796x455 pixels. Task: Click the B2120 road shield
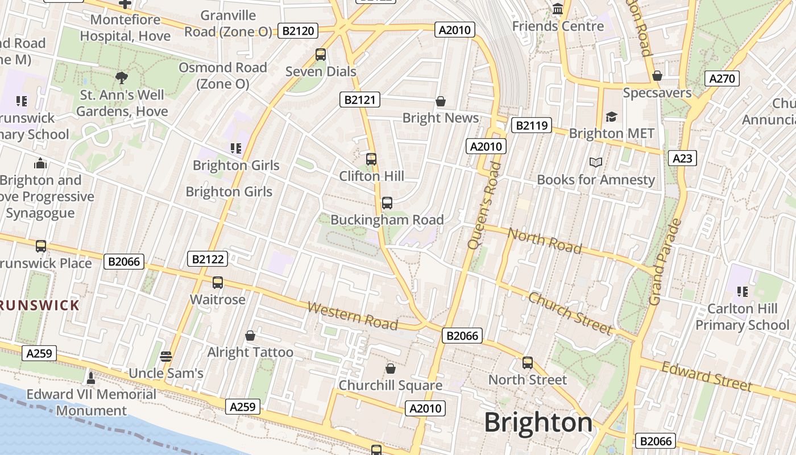coord(298,31)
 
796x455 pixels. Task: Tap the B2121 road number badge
coord(359,100)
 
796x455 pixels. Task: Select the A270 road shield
coord(722,78)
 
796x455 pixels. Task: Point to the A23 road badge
coord(682,158)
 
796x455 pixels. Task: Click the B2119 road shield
coord(531,125)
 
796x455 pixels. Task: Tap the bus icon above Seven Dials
coord(321,55)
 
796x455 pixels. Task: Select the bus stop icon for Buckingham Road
coord(387,202)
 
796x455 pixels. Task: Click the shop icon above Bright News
coord(440,101)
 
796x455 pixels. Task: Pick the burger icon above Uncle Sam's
coord(166,357)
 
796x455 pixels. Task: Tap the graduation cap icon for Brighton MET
coord(611,117)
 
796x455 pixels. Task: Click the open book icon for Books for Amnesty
coord(596,163)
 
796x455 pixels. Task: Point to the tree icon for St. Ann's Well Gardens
coord(121,78)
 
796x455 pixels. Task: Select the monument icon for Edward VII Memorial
coord(90,377)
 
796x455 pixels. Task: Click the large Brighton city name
coord(538,423)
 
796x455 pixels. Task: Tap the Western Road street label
coord(353,316)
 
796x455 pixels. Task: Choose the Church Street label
coord(570,313)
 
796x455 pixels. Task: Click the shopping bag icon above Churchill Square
coord(390,369)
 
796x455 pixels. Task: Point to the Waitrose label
coord(218,300)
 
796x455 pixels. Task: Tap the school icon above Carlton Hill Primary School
coord(742,292)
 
